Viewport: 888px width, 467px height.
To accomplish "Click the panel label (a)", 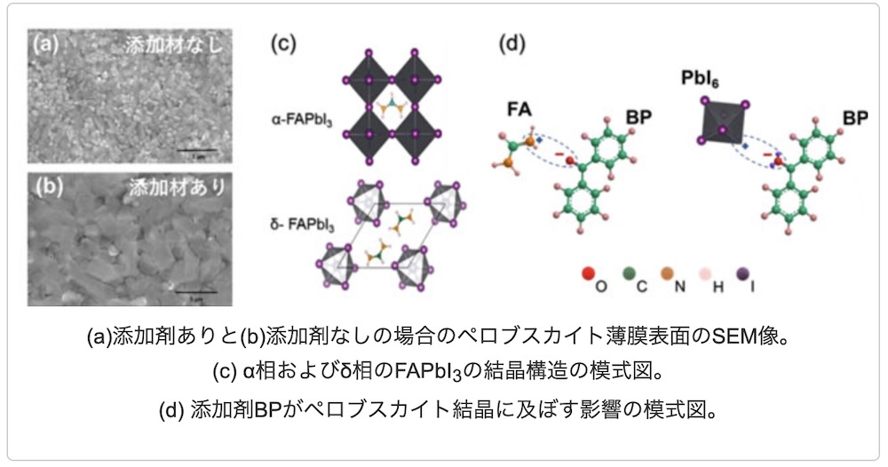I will point(46,42).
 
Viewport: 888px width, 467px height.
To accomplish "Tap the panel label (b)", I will point(46,187).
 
